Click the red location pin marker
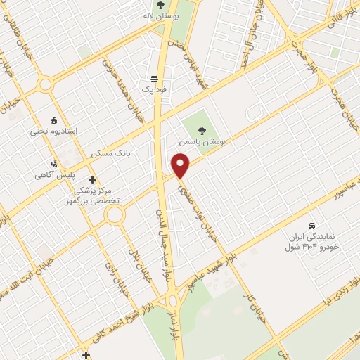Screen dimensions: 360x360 point(181,166)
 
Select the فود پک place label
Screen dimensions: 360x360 point(154,90)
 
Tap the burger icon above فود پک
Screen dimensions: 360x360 point(154,79)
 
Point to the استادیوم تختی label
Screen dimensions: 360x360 point(53,131)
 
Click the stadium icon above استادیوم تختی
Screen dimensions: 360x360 point(53,119)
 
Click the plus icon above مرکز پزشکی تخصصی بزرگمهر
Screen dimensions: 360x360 point(92,180)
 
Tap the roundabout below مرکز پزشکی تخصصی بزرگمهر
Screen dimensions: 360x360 point(115,216)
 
